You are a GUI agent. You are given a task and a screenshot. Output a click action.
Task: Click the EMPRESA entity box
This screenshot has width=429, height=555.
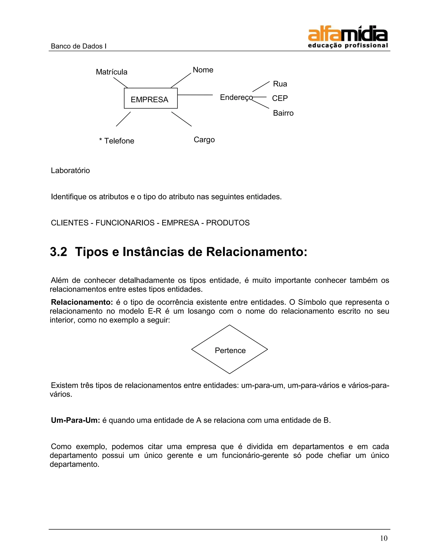click(x=150, y=98)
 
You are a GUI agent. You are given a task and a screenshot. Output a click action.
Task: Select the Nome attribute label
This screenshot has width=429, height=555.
click(x=203, y=70)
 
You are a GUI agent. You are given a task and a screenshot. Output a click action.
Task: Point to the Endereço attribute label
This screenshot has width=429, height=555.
click(x=236, y=97)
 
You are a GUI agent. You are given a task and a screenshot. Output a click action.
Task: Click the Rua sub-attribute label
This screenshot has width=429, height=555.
click(x=280, y=84)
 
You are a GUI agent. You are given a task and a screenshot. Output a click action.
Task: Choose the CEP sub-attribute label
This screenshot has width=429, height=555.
click(x=280, y=98)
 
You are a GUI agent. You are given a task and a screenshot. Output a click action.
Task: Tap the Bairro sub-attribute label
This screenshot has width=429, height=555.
click(x=283, y=113)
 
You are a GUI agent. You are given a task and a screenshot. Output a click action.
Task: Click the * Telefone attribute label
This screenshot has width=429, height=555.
click(x=117, y=141)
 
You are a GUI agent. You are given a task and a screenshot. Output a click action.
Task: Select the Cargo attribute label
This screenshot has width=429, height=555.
click(x=204, y=140)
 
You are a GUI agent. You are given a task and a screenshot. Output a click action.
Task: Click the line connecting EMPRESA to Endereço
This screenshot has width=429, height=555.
click(x=195, y=95)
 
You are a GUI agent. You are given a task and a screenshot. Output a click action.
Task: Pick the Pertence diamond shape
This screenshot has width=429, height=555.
click(x=230, y=350)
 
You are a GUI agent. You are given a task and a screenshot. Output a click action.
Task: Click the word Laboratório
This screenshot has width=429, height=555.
click(x=70, y=170)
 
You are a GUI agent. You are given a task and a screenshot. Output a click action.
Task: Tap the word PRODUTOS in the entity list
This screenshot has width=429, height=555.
click(x=228, y=223)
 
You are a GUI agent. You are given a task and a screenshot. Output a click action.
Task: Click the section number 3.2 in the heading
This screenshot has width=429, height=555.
click(x=58, y=252)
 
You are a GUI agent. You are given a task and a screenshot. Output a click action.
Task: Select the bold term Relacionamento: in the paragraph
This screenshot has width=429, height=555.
click(x=81, y=302)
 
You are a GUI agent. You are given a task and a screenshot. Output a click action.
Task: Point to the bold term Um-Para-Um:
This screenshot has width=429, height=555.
click(x=75, y=420)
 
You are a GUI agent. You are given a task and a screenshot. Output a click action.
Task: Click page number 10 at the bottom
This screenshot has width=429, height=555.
click(x=384, y=538)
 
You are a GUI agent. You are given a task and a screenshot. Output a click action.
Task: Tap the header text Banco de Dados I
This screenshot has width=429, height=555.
click(x=79, y=46)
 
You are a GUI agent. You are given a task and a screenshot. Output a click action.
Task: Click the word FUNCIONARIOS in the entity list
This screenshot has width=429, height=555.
click(x=125, y=223)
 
